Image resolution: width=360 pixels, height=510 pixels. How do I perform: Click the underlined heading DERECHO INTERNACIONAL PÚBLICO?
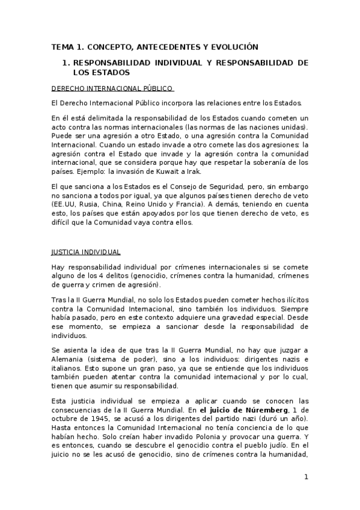pos(112,88)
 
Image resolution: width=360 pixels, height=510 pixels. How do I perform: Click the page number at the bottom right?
pos(307,477)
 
